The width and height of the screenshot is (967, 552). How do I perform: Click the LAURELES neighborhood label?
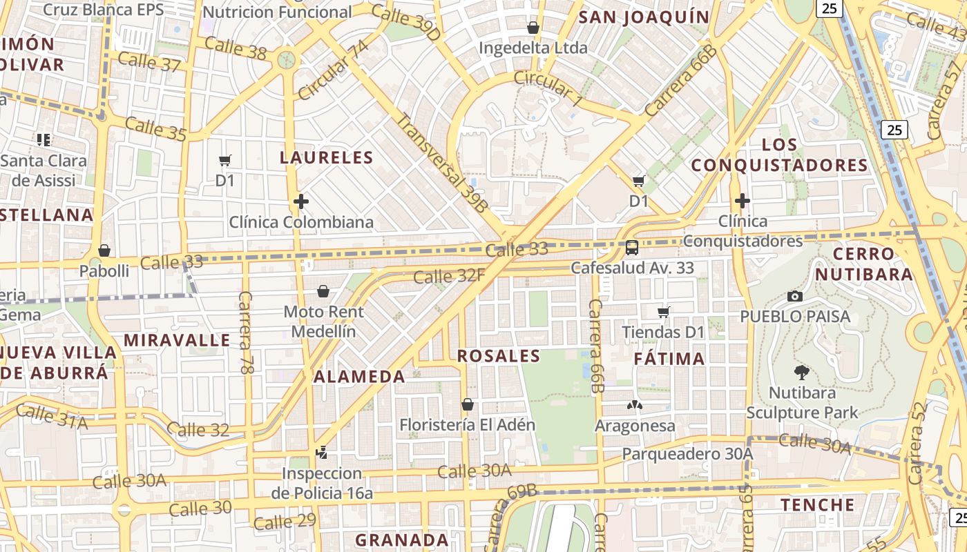pyautogui.click(x=326, y=157)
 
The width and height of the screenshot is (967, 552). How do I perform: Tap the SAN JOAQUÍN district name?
pyautogui.click(x=644, y=17)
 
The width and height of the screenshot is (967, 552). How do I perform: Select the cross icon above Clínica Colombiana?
pyautogui.click(x=300, y=201)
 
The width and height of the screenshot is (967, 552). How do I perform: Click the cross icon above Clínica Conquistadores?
pyautogui.click(x=743, y=201)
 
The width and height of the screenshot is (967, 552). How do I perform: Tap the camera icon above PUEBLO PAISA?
pyautogui.click(x=795, y=296)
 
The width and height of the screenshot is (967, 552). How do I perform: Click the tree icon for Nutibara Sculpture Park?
pyautogui.click(x=801, y=373)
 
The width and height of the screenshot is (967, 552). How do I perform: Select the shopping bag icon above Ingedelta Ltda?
pyautogui.click(x=533, y=28)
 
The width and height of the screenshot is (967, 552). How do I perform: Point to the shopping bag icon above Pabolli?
pyautogui.click(x=104, y=250)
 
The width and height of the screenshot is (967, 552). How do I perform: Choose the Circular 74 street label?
pyautogui.click(x=333, y=70)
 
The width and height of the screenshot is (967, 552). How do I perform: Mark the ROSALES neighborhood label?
pyautogui.click(x=499, y=356)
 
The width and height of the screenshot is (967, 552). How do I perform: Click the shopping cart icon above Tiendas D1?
pyautogui.click(x=664, y=312)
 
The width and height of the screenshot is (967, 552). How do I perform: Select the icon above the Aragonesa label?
pyautogui.click(x=635, y=405)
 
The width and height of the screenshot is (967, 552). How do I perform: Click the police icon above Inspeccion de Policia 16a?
pyautogui.click(x=320, y=453)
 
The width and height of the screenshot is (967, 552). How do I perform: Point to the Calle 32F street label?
pyautogui.click(x=449, y=277)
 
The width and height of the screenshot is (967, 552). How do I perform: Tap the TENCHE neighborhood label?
pyautogui.click(x=818, y=505)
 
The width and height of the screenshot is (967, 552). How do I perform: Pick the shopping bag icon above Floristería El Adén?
pyautogui.click(x=468, y=404)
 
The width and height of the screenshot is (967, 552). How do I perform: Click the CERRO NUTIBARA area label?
pyautogui.click(x=863, y=264)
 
